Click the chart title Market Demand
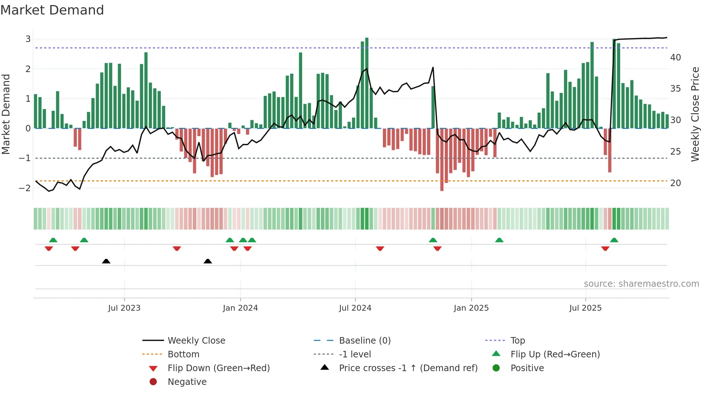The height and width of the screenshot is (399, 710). [x=52, y=10]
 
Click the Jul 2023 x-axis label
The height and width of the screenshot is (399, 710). [x=124, y=308]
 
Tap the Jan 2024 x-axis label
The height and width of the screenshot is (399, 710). [x=240, y=308]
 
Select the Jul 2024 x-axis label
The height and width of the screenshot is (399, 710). [x=355, y=308]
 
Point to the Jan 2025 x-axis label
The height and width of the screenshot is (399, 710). [x=471, y=308]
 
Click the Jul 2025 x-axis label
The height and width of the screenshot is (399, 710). [x=585, y=308]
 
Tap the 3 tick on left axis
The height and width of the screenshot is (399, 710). [x=28, y=39]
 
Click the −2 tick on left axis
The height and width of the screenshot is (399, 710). [x=25, y=188]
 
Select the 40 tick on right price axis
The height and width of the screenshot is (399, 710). [x=675, y=58]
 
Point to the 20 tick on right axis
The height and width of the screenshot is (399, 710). [x=675, y=183]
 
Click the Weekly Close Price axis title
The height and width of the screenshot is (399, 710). [x=695, y=114]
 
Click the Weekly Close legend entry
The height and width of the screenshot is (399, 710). [x=196, y=341]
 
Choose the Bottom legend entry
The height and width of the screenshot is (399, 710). [x=183, y=354]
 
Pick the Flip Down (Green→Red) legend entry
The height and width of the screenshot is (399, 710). [x=218, y=368]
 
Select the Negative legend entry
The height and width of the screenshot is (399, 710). [x=187, y=382]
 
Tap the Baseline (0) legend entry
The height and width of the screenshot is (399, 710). [x=364, y=341]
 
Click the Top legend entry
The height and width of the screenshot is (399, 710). [x=517, y=341]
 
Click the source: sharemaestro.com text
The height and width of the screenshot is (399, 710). [x=641, y=284]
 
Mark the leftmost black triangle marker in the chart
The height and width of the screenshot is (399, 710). [x=106, y=261]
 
